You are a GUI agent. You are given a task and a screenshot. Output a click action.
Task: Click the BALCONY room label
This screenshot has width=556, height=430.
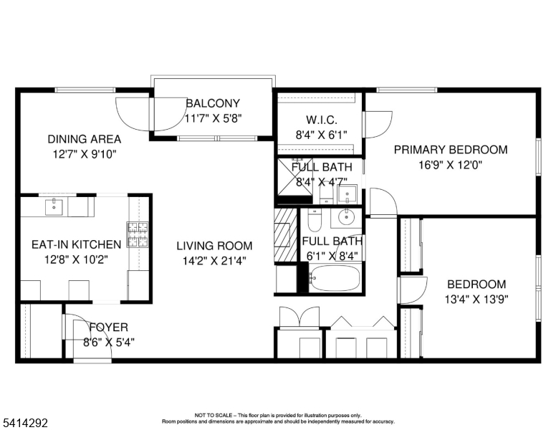pos(213,103)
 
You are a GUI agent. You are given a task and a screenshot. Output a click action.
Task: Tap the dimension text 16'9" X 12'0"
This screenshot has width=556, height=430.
pos(450,163)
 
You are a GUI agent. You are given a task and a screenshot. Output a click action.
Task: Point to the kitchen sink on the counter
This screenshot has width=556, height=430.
pos(52,207)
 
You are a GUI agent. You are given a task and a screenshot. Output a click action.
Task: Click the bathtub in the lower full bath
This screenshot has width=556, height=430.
pos(335,277)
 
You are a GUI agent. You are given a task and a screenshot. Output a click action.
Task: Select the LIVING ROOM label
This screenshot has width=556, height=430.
pos(214,246)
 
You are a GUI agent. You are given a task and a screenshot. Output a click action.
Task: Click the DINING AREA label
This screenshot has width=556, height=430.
pos(84,139)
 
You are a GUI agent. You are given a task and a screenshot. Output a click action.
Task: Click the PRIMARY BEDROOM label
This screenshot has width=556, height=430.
pos(450,150)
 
